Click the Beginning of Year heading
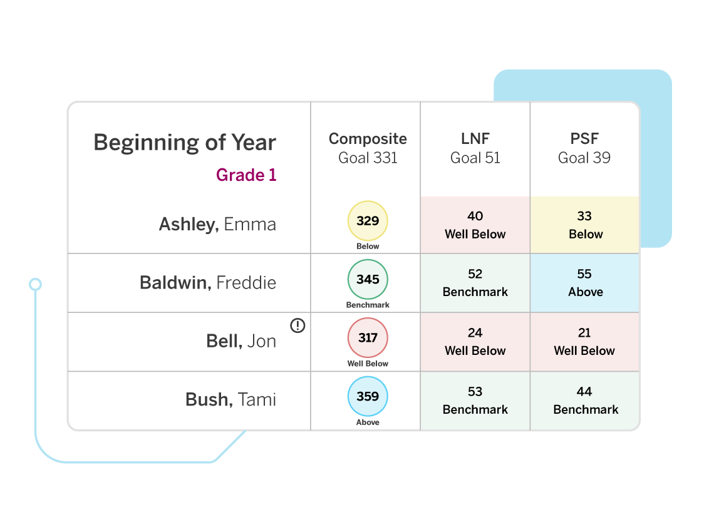point(185,143)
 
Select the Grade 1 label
point(246,175)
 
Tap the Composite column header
point(368,148)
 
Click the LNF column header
point(475,148)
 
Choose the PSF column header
point(584,148)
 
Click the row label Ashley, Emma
point(217,224)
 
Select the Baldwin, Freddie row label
point(208,282)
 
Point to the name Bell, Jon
point(241,341)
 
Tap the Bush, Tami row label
point(230,399)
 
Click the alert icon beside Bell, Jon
point(298,325)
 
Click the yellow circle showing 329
point(368,221)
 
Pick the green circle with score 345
point(368,279)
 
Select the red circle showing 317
point(368,338)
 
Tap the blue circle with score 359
point(368,396)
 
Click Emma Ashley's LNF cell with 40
point(475,225)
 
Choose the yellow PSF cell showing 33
point(585,225)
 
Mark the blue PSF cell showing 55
point(585,283)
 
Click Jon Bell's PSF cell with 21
point(585,342)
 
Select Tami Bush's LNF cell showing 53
point(475,401)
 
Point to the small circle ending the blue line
point(36,285)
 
